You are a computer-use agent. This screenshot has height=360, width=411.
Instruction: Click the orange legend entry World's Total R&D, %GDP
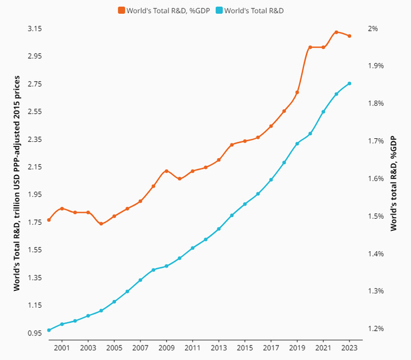tap(163, 10)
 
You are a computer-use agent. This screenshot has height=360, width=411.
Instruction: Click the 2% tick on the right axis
tap(373, 28)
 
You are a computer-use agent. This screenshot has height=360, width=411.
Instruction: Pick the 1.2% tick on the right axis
tap(376, 329)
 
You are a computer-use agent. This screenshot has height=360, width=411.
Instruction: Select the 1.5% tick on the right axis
tap(376, 216)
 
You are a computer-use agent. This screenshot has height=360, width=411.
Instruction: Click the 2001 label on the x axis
tap(62, 348)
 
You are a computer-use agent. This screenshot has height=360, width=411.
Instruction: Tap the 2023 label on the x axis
tap(350, 348)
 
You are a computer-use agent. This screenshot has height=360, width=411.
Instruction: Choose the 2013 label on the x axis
tap(219, 348)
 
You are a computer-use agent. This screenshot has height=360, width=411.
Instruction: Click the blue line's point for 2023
tap(350, 84)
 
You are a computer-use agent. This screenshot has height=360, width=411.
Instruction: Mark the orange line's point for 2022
tap(336, 32)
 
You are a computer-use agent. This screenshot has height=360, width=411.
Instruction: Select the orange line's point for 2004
tap(101, 224)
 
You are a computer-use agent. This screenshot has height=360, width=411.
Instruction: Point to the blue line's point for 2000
tap(49, 330)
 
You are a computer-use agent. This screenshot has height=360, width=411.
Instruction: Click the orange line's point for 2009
tap(166, 171)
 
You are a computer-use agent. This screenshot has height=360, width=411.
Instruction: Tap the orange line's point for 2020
tap(310, 47)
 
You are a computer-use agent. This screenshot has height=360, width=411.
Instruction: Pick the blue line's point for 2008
tap(153, 270)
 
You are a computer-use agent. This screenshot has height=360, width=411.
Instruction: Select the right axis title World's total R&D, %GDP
tap(394, 183)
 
